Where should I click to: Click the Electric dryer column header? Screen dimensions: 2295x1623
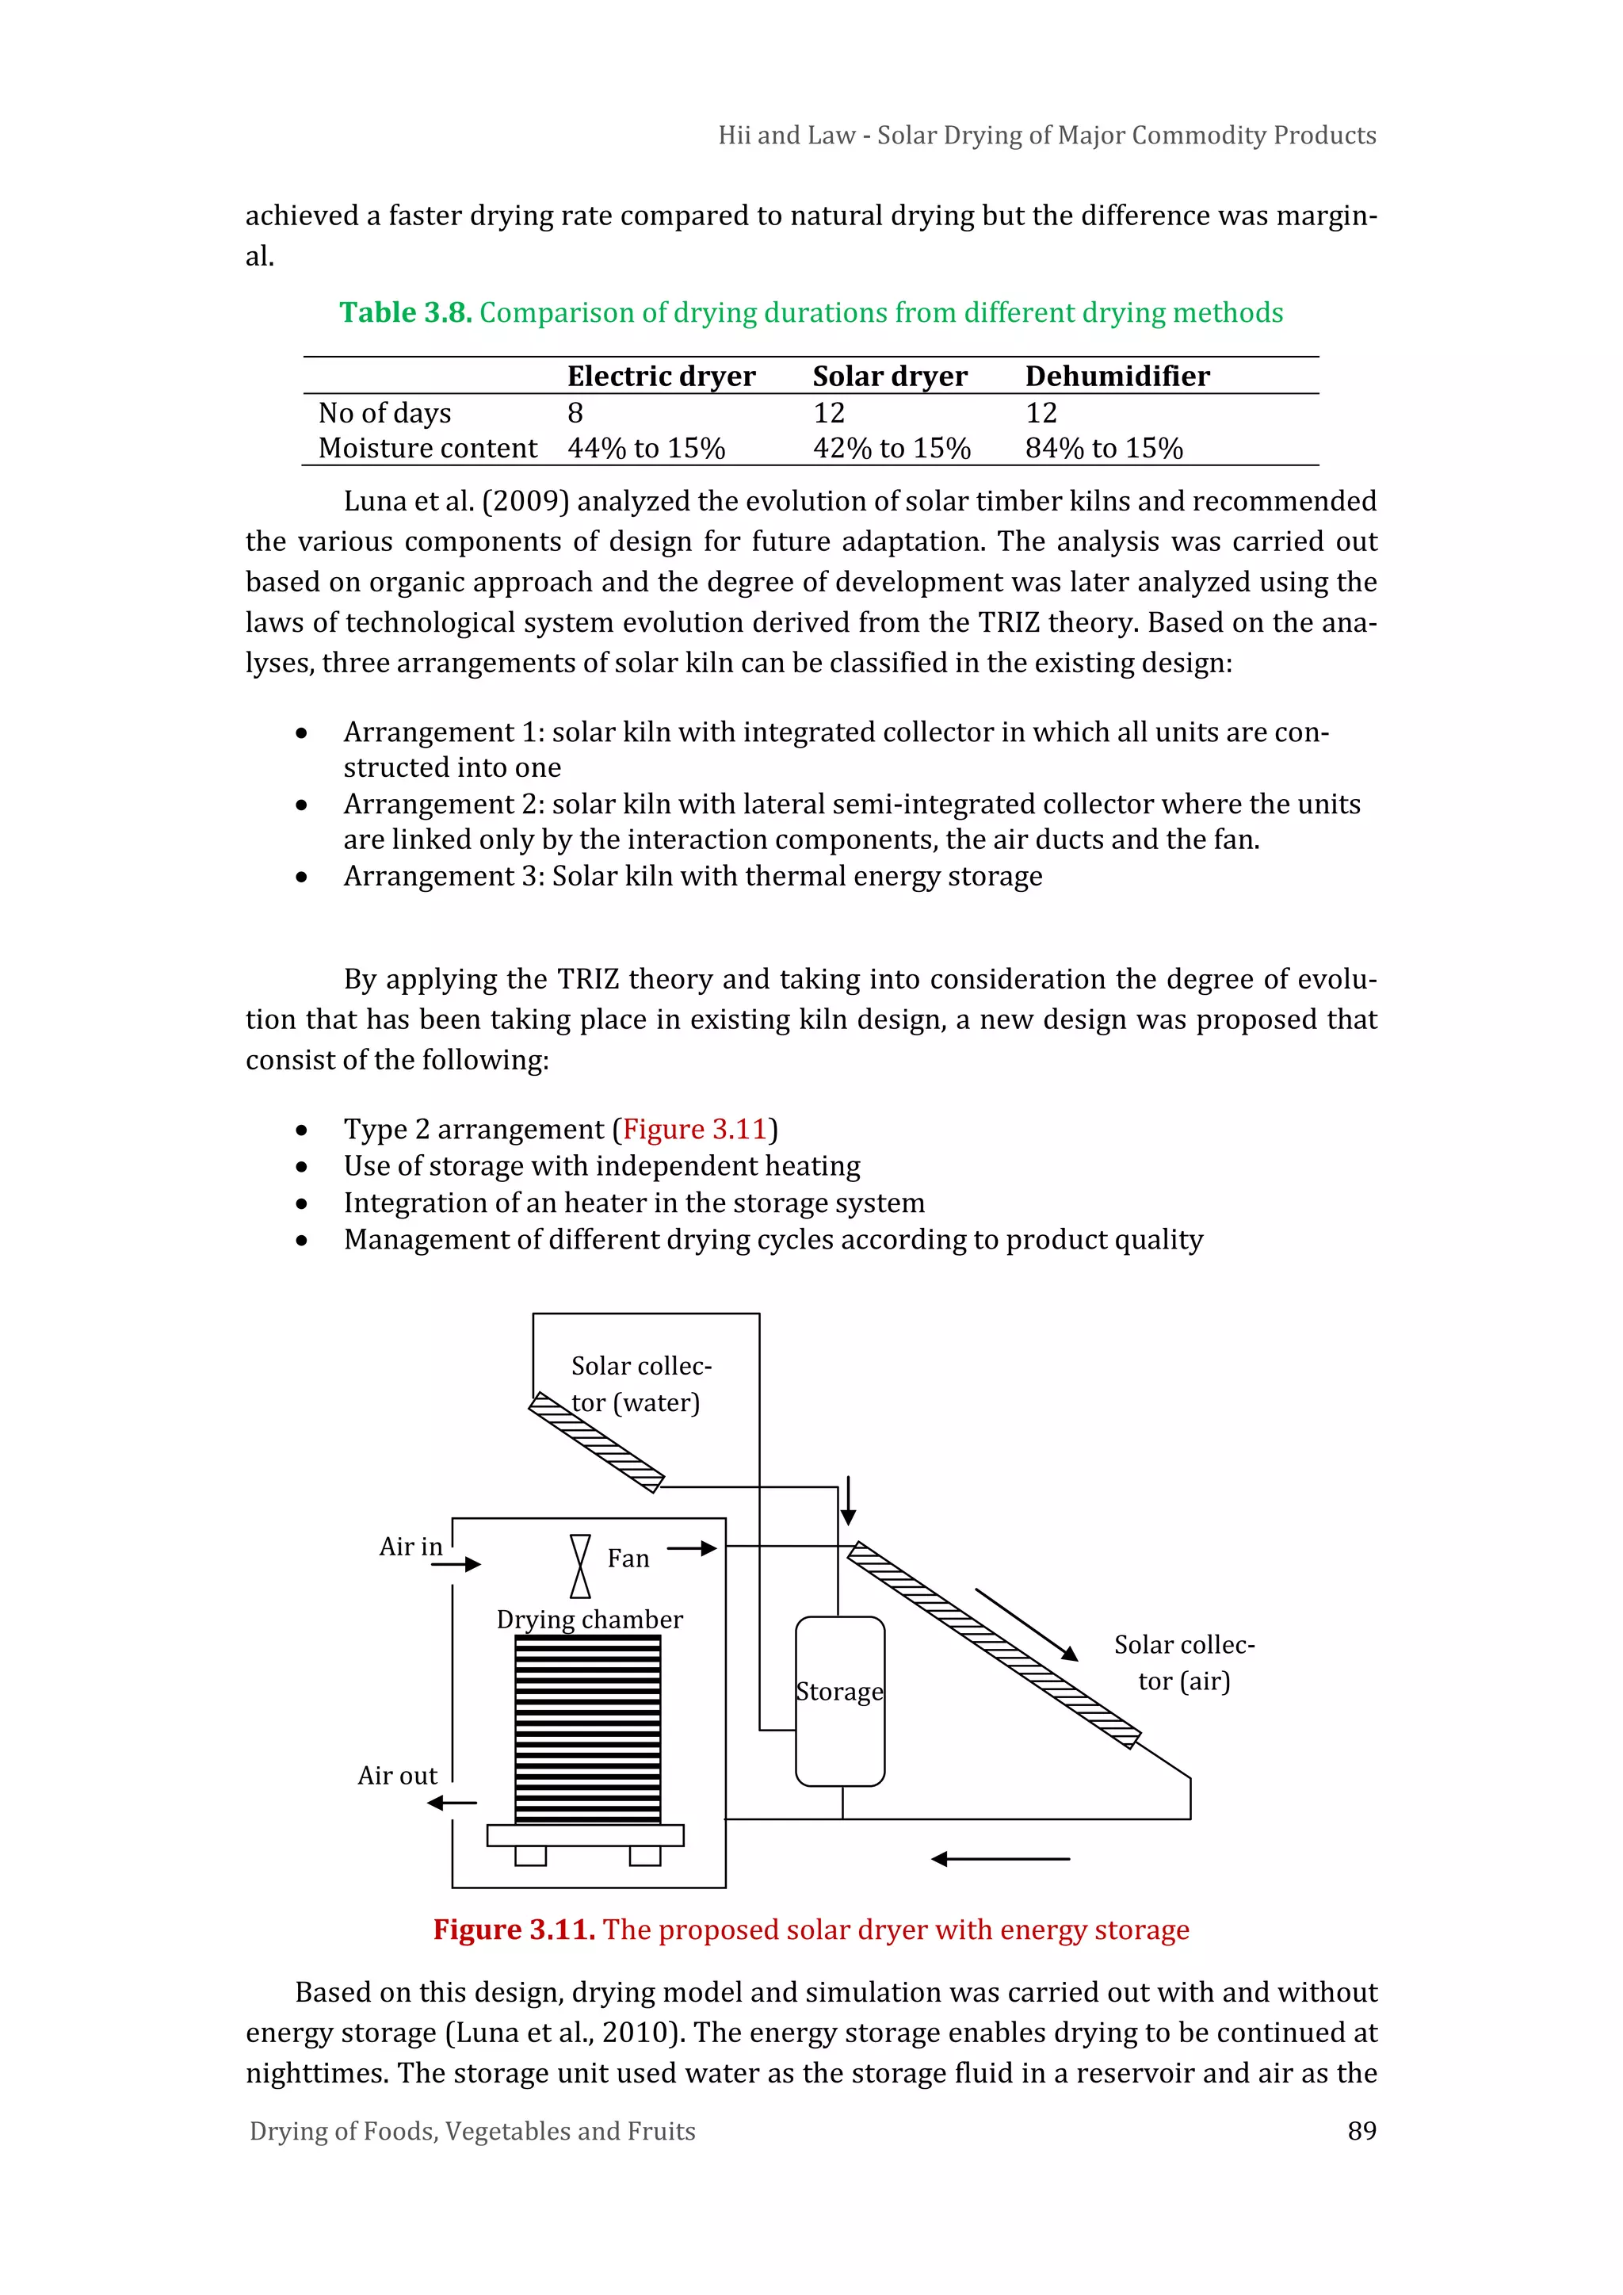click(x=661, y=376)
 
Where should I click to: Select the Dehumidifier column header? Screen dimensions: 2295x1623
click(x=1117, y=376)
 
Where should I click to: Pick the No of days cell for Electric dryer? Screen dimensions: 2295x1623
click(x=575, y=413)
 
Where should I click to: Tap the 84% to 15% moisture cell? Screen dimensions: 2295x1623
click(x=1103, y=448)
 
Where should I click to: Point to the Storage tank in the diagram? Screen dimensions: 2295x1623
click(x=839, y=1700)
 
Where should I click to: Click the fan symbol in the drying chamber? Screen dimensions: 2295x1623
click(x=579, y=1566)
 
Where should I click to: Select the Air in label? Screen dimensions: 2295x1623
click(x=410, y=1547)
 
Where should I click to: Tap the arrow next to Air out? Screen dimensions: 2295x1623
click(x=452, y=1802)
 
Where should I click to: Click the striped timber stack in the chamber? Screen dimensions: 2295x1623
click(x=588, y=1728)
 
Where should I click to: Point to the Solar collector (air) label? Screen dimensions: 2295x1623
click(x=1183, y=1662)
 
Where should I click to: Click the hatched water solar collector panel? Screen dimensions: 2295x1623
click(x=597, y=1442)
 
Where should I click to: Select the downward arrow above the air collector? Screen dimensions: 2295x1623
click(x=847, y=1501)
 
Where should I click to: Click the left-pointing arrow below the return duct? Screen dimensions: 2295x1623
click(x=999, y=1858)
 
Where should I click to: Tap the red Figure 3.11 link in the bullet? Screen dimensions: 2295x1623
click(x=693, y=1130)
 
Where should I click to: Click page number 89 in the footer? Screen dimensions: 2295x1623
click(x=1361, y=2130)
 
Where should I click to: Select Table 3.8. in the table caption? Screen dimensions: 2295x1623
click(x=405, y=313)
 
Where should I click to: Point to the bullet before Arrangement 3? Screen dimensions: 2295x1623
click(x=301, y=877)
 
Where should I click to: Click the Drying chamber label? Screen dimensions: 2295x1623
click(x=589, y=1620)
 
